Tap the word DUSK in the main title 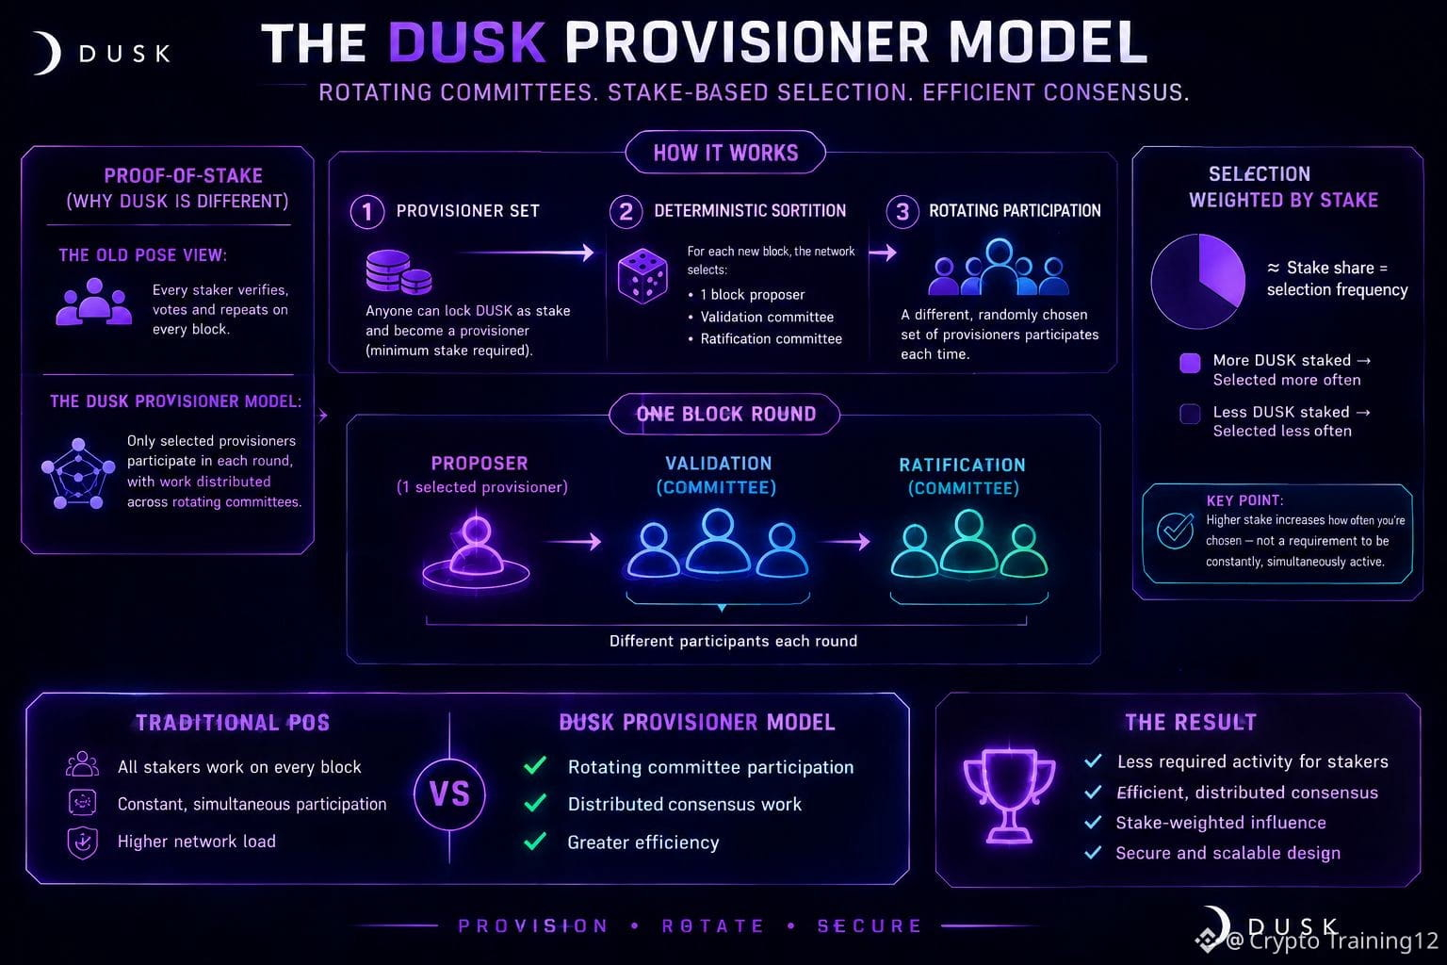[467, 42]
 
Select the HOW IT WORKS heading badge [725, 153]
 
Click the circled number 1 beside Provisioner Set [366, 211]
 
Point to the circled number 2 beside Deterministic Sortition [626, 211]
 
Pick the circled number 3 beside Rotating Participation [902, 211]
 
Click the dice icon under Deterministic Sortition [642, 276]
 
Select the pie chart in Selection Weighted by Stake [1198, 281]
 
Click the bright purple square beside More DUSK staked [1190, 363]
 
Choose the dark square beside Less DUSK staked [1190, 414]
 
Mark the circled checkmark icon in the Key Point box [1175, 531]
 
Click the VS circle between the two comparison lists [449, 793]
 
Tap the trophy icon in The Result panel [1009, 795]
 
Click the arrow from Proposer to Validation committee [574, 541]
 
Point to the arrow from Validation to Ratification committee [846, 541]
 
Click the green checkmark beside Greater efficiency [535, 841]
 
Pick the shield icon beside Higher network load [83, 842]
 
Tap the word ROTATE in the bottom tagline [713, 926]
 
